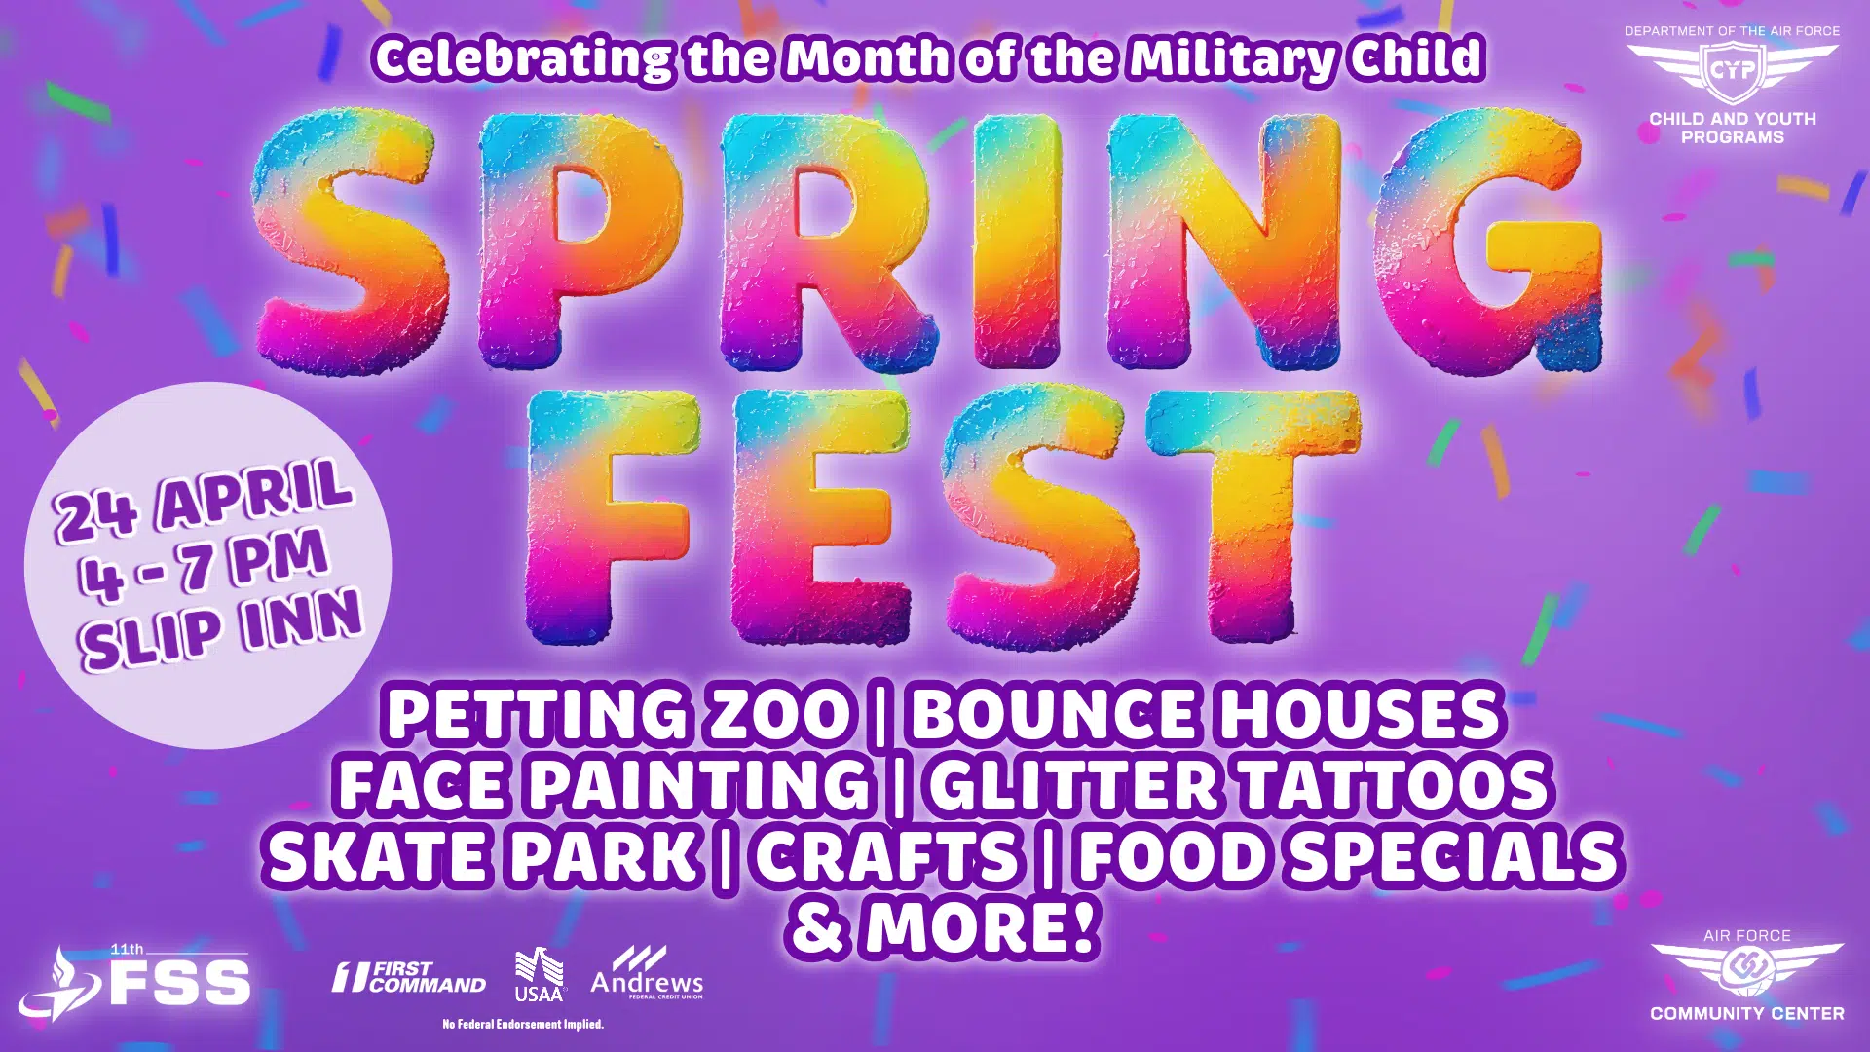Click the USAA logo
pyautogui.click(x=540, y=976)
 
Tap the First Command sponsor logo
pyautogui.click(x=409, y=977)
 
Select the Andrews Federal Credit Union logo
pyautogui.click(x=647, y=973)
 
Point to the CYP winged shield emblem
pyautogui.click(x=1733, y=71)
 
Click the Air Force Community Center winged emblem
pyautogui.click(x=1747, y=968)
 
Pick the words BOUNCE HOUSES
pyautogui.click(x=1206, y=714)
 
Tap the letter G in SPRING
pyautogui.click(x=1488, y=242)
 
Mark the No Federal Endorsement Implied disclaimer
pyautogui.click(x=523, y=1024)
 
